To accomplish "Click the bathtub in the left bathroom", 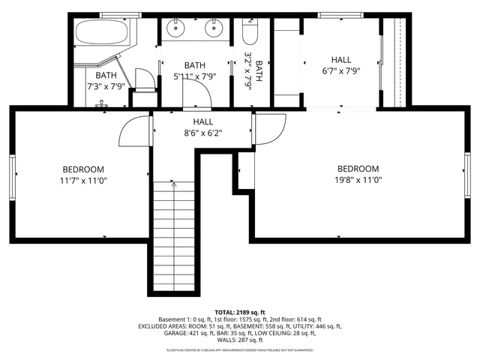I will (103, 34).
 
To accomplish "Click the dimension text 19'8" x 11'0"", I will (358, 180).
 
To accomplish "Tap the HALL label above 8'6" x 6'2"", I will (202, 121).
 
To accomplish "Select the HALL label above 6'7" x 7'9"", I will (341, 60).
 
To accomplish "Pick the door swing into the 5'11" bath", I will (194, 94).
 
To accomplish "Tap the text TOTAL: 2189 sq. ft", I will (240, 312).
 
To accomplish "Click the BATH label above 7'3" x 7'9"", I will (106, 75).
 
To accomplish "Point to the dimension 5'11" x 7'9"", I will (194, 76).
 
